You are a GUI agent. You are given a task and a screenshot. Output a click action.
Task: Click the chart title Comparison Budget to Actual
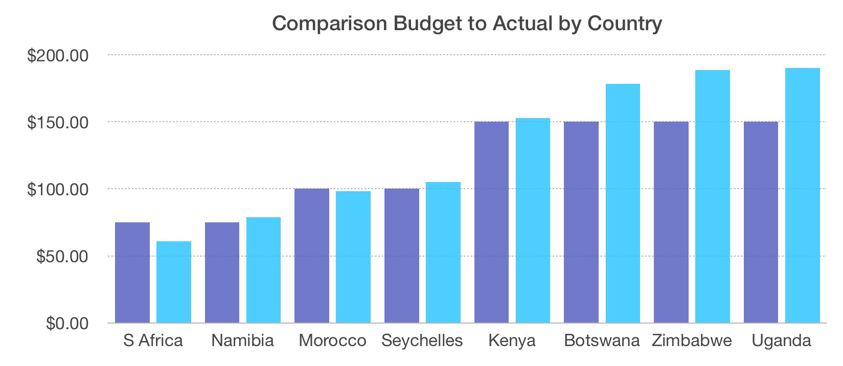[466, 24]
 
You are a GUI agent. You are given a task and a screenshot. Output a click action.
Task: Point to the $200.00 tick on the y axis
[58, 55]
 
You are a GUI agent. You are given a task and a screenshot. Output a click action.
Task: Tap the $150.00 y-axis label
[58, 122]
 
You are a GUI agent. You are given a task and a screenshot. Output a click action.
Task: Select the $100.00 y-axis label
[58, 189]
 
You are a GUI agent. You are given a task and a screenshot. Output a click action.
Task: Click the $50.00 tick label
[62, 256]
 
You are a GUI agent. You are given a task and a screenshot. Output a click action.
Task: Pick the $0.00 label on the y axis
[66, 323]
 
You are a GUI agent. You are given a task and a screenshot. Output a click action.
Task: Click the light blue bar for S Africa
[174, 282]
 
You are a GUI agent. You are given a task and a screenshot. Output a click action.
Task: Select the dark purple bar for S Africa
[132, 273]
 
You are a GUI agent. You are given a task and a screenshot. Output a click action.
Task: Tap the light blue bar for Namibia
[263, 270]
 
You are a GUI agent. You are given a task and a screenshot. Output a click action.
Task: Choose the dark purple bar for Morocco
[312, 256]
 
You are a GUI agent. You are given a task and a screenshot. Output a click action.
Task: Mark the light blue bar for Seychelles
[443, 253]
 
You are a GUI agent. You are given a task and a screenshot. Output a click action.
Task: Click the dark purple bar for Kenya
[491, 222]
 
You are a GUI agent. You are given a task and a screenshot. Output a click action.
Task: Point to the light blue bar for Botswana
[623, 203]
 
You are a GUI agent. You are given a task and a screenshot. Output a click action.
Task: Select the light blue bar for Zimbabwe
[713, 197]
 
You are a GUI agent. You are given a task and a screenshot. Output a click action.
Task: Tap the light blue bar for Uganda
[803, 196]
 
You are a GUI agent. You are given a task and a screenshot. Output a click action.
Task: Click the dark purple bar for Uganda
[761, 222]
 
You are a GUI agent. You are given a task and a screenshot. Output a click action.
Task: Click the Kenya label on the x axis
[512, 341]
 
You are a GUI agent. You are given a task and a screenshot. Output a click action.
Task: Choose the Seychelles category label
[422, 341]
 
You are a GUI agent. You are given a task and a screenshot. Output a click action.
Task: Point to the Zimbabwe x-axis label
[692, 341]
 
